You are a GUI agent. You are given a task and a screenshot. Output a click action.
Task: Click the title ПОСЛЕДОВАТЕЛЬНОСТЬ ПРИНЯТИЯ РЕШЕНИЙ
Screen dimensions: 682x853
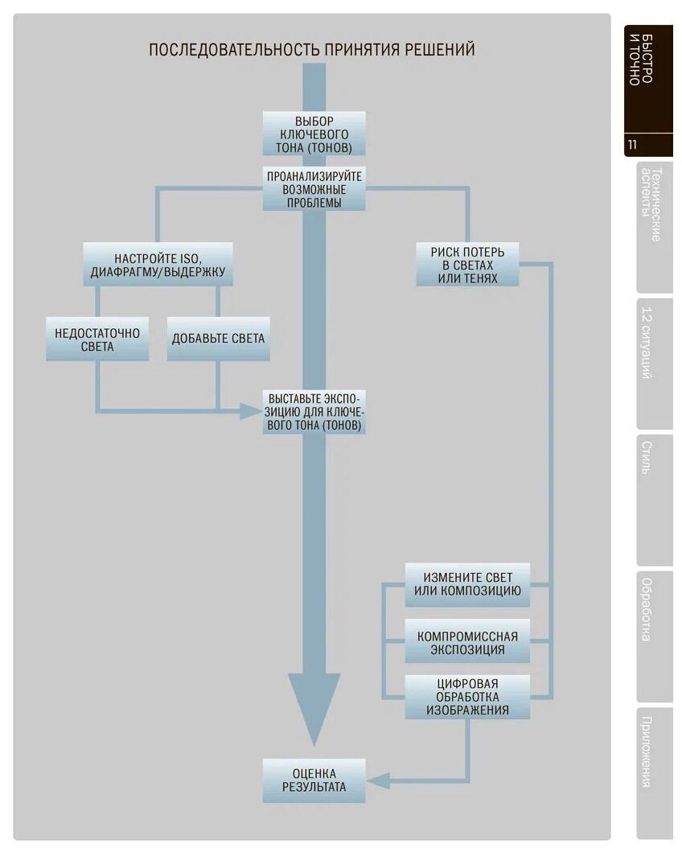point(312,50)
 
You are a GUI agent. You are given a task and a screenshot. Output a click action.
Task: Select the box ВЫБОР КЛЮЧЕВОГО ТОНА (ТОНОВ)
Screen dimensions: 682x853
point(314,134)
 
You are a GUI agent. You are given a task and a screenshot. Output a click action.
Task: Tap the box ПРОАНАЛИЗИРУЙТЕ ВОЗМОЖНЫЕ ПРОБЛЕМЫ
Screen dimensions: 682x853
point(314,188)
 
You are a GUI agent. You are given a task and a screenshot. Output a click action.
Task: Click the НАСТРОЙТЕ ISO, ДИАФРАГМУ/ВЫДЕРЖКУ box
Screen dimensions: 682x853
point(158,265)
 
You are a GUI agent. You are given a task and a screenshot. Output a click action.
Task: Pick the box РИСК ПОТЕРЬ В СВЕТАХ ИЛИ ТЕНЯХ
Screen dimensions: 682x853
point(467,265)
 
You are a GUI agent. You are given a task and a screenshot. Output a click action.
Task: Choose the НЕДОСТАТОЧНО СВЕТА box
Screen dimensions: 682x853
point(97,339)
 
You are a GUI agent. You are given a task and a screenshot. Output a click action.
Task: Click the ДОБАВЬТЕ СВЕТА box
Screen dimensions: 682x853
point(218,339)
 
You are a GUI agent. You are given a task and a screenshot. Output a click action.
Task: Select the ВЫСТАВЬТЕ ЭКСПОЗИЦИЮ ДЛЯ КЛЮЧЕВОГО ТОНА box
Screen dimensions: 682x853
point(314,412)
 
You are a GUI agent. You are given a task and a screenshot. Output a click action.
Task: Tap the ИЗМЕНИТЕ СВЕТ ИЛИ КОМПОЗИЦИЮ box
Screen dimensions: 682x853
point(467,585)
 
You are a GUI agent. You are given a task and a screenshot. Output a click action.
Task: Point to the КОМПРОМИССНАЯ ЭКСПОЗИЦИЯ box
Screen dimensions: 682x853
point(467,642)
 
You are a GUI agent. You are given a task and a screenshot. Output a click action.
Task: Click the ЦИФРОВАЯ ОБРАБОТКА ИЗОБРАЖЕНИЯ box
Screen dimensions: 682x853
point(467,697)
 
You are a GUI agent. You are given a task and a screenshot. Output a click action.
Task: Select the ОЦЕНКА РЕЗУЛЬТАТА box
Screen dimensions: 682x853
point(314,780)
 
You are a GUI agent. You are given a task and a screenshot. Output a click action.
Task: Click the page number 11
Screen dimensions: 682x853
point(633,146)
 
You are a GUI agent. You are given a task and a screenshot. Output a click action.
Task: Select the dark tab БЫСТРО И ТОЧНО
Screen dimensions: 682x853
point(647,72)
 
